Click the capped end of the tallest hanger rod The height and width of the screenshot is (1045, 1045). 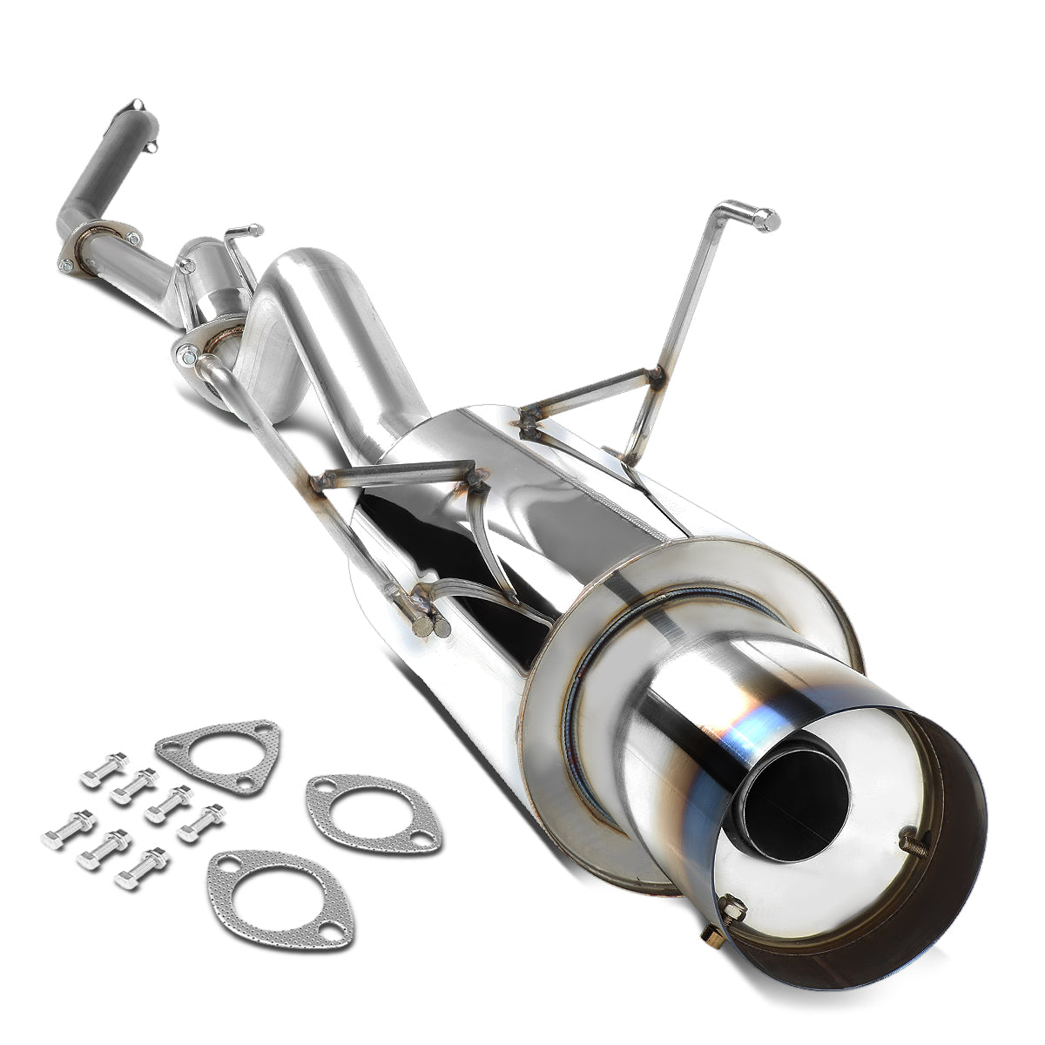[768, 219]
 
